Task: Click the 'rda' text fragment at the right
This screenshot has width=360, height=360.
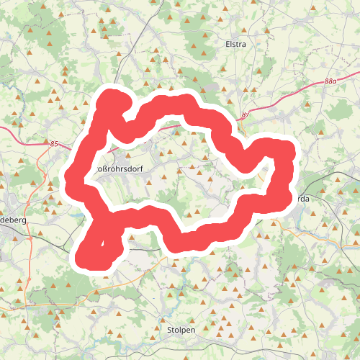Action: click(x=302, y=198)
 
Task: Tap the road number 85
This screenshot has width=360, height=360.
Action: click(x=53, y=144)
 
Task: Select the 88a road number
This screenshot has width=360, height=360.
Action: click(x=330, y=82)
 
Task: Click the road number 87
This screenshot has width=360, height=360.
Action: click(x=246, y=115)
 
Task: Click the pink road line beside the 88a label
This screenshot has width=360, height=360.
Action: click(x=310, y=89)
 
